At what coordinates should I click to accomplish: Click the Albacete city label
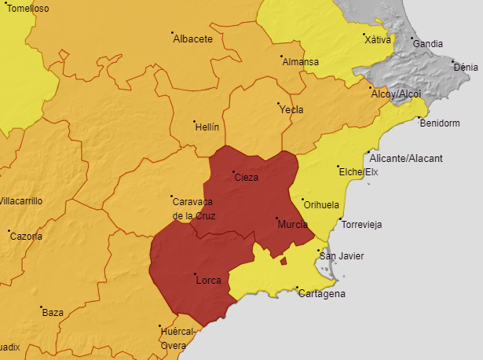click(x=193, y=39)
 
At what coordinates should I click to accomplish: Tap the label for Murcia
click(x=293, y=225)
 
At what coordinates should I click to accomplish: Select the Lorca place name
click(x=208, y=281)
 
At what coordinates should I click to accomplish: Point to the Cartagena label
click(x=321, y=294)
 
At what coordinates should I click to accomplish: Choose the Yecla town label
click(x=291, y=110)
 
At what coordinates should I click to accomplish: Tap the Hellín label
click(x=207, y=127)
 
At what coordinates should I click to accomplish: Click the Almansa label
click(x=301, y=62)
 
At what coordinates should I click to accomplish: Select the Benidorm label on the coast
click(x=440, y=123)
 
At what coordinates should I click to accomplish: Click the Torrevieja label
click(x=361, y=225)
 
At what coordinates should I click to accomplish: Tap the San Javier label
click(x=341, y=256)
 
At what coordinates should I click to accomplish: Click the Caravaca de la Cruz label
click(x=194, y=208)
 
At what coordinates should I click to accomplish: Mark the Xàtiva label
click(x=378, y=39)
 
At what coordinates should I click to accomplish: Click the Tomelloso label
click(x=27, y=9)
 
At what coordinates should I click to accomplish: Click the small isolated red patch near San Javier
click(x=284, y=261)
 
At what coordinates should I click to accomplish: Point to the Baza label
click(x=53, y=313)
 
